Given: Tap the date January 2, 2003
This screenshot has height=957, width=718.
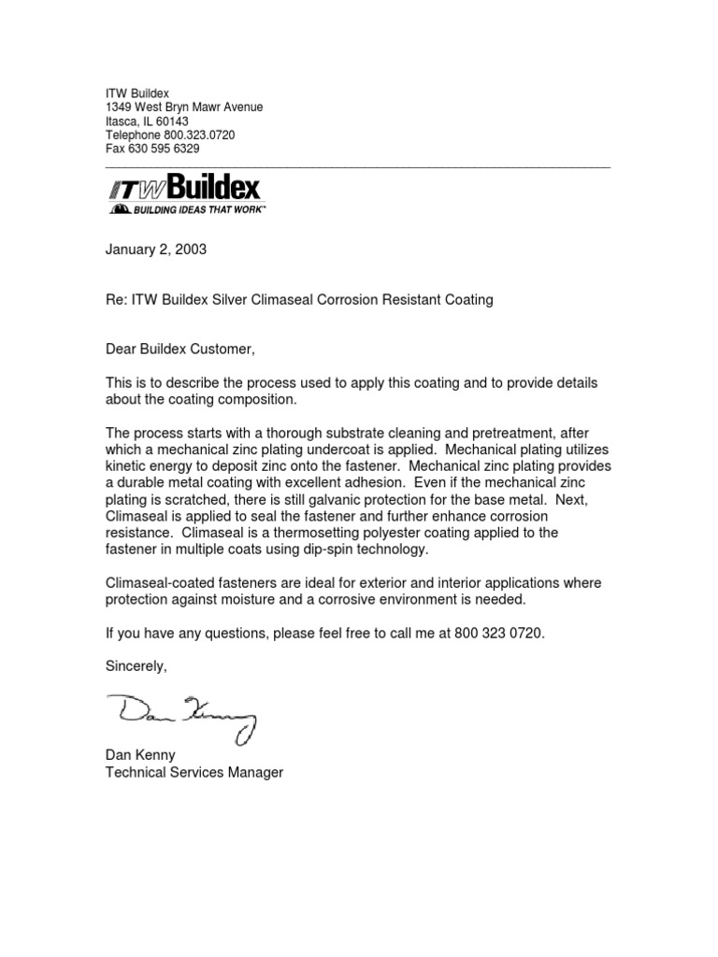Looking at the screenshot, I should pyautogui.click(x=154, y=250).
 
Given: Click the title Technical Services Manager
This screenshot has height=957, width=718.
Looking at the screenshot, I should pyautogui.click(x=194, y=773).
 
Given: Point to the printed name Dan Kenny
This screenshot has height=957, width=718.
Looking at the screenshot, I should pyautogui.click(x=141, y=756).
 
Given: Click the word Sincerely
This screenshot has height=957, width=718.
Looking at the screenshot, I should pyautogui.click(x=136, y=666).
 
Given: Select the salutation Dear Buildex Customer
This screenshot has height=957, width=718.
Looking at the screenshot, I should pyautogui.click(x=179, y=350).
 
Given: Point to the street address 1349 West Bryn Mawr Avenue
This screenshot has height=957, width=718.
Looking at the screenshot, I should pyautogui.click(x=183, y=107).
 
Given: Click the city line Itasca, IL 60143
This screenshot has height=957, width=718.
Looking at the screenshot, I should pyautogui.click(x=146, y=121).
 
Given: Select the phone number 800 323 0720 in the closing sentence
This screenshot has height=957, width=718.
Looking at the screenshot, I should pyautogui.click(x=497, y=633).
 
